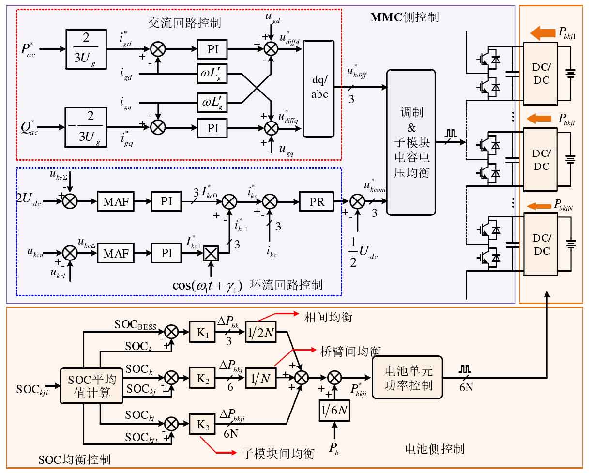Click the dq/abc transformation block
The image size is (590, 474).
point(318,88)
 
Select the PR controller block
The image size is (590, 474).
point(317,201)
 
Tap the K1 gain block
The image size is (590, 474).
point(202,332)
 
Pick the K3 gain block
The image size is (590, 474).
point(202,424)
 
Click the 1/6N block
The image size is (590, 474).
point(334,411)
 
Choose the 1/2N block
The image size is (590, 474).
point(260,332)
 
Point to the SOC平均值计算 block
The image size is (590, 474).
point(91,386)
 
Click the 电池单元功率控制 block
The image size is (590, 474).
point(408,378)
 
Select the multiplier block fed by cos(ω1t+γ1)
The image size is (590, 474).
point(211,253)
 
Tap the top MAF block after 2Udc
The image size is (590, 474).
point(116,201)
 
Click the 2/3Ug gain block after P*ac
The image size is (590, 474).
point(86,49)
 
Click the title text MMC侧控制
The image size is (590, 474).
point(405,17)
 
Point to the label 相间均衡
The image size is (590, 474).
point(328,317)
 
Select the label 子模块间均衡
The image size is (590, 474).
point(278,454)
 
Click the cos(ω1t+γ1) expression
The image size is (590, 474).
point(207,286)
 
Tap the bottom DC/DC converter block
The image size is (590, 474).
point(541,244)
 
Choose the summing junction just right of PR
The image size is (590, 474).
point(358,201)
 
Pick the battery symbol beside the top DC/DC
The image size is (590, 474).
point(570,74)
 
